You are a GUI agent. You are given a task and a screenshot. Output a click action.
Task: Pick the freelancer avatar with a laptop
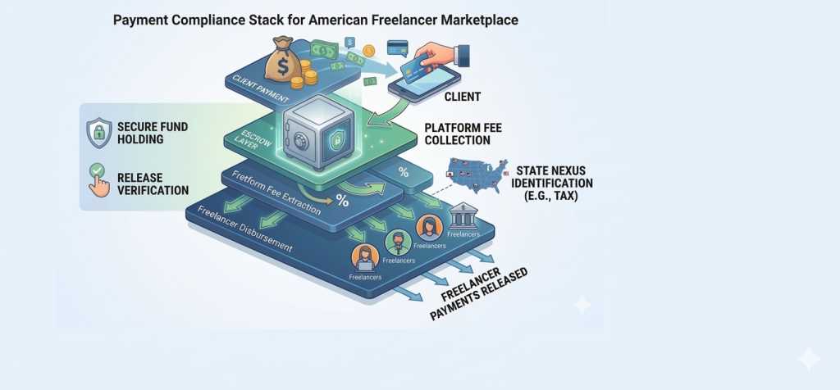click(360, 258)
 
